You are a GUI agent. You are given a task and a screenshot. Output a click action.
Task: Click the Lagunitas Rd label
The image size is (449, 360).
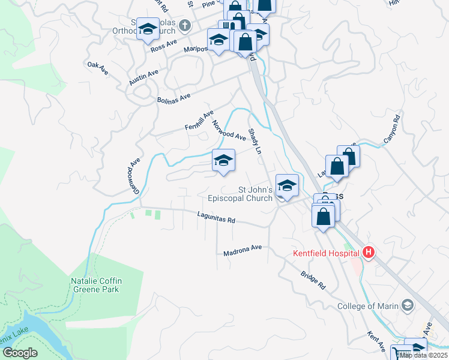[216, 218]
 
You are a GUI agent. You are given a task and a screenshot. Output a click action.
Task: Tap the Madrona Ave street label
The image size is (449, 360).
[243, 250]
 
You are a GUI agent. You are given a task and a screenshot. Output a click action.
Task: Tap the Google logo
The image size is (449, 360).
[19, 353]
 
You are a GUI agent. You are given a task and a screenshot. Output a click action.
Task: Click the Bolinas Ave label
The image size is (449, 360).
[173, 98]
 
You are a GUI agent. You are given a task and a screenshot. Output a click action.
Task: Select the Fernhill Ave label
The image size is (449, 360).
[199, 120]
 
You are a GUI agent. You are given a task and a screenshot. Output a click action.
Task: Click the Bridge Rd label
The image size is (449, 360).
[313, 280]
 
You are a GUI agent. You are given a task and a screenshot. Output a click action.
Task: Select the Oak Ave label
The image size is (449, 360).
[97, 68]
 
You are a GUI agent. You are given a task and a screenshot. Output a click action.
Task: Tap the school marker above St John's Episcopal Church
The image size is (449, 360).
[288, 185]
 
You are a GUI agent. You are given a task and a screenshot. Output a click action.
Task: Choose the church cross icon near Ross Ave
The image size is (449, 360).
[185, 25]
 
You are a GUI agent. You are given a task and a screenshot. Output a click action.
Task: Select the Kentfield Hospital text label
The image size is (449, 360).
[327, 253]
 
